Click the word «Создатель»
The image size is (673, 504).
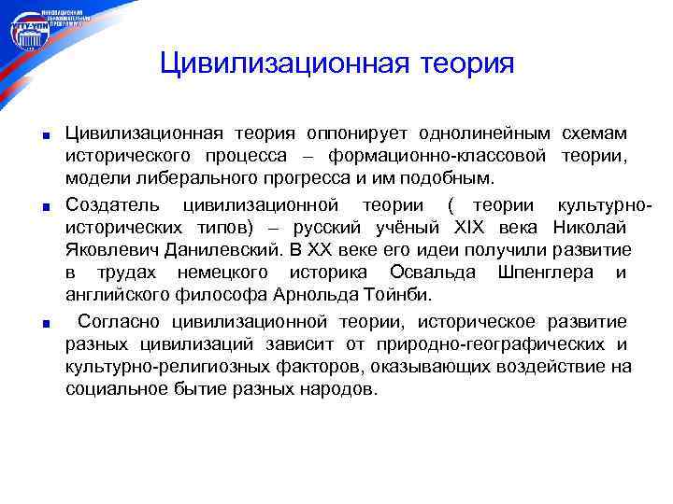tap(112, 204)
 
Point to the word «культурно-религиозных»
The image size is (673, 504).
tap(159, 367)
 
